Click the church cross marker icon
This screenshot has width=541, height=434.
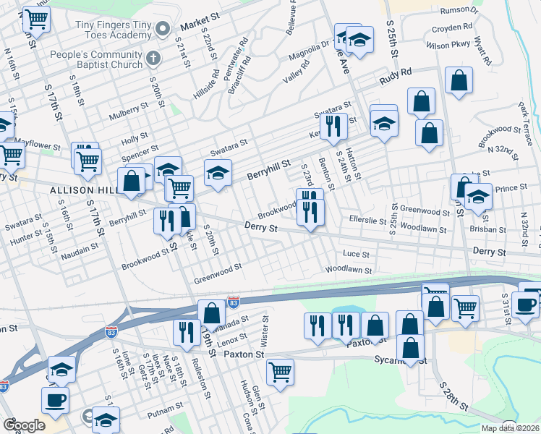152,58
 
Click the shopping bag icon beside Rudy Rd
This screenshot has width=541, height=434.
459,81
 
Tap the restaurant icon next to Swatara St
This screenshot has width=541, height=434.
334,126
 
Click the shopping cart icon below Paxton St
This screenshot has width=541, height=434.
280,372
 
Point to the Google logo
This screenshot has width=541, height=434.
24,425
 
